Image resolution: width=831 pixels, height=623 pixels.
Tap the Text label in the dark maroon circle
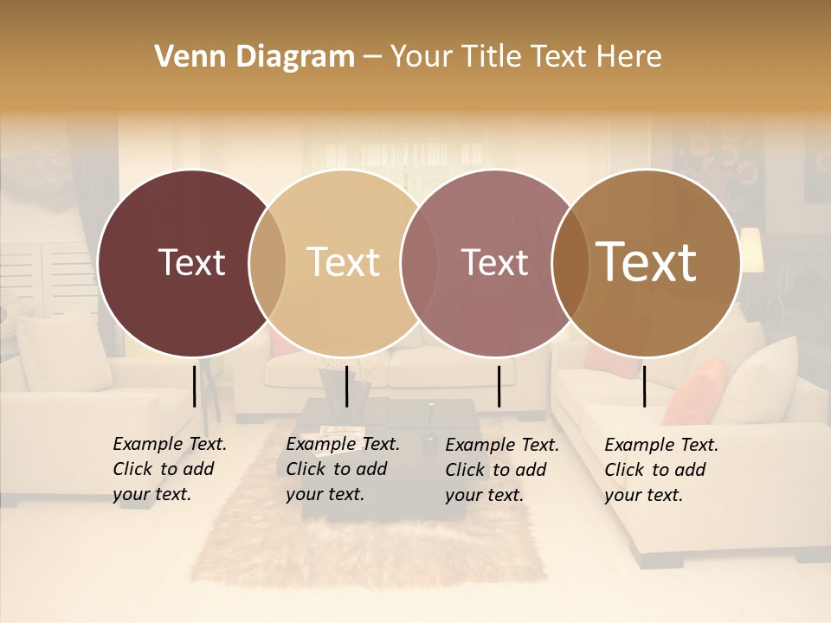pyautogui.click(x=191, y=262)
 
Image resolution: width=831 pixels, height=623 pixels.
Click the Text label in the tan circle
pyautogui.click(x=343, y=262)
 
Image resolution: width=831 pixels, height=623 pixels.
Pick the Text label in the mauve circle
pyautogui.click(x=494, y=262)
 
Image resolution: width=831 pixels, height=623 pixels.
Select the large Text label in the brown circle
pyautogui.click(x=647, y=262)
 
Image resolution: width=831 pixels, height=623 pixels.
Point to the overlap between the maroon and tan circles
pyautogui.click(x=267, y=262)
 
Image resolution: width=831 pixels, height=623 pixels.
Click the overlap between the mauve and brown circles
pyautogui.click(x=570, y=262)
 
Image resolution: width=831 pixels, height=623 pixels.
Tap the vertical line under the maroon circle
pyautogui.click(x=195, y=386)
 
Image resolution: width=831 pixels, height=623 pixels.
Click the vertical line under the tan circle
pyautogui.click(x=346, y=386)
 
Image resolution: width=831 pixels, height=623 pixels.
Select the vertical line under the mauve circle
pyautogui.click(x=499, y=386)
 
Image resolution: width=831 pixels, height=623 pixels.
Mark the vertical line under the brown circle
pyautogui.click(x=644, y=386)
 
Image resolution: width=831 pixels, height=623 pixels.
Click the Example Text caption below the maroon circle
pyautogui.click(x=170, y=469)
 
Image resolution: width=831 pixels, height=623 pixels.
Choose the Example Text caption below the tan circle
pyautogui.click(x=343, y=469)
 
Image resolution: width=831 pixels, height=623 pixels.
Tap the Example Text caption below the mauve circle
pyautogui.click(x=502, y=470)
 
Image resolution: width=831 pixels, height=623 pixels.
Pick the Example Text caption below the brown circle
pyautogui.click(x=661, y=470)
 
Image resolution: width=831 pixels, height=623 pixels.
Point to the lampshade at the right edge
pyautogui.click(x=751, y=249)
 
